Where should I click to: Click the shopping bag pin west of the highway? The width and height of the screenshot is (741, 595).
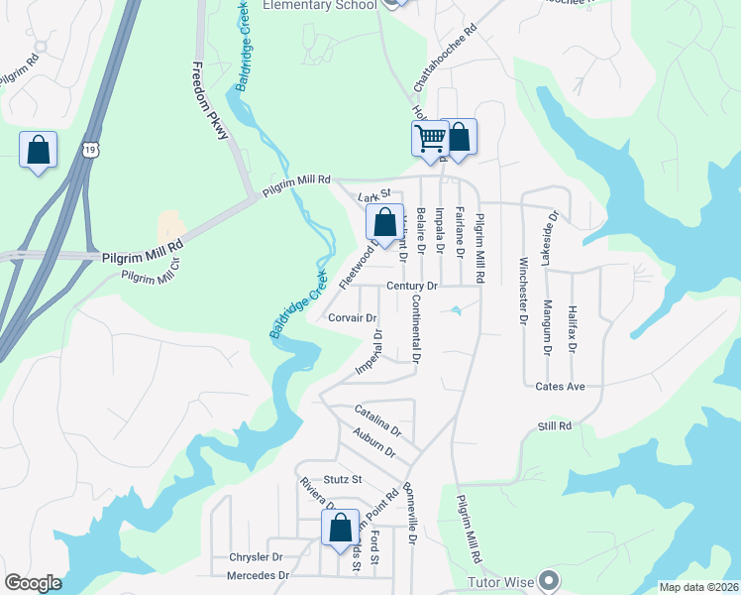(38, 151)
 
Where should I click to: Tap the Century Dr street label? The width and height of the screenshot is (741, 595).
(411, 286)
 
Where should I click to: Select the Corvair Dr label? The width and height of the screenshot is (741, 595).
(352, 318)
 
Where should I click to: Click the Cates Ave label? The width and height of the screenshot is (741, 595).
(562, 386)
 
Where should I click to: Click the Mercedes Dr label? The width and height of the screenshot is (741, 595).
(258, 575)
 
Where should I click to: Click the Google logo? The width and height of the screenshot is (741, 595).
(33, 582)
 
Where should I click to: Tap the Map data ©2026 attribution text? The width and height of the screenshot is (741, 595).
(698, 587)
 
